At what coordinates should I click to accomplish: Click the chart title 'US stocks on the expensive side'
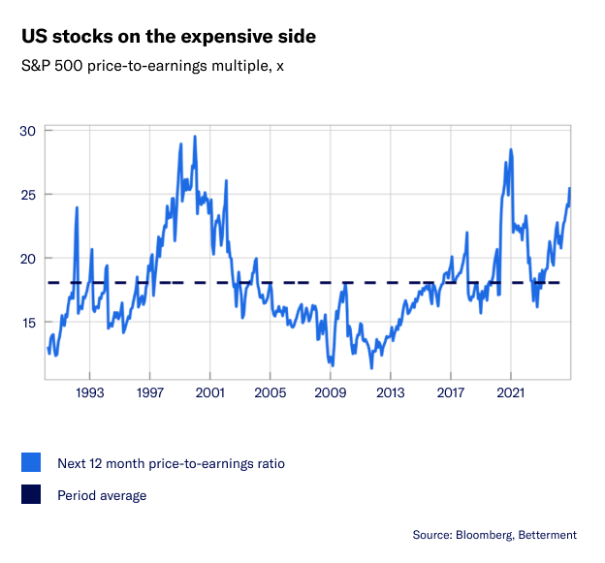click(x=168, y=37)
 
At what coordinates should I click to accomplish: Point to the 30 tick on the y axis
click(x=27, y=131)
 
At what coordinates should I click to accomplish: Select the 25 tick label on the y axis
click(x=27, y=195)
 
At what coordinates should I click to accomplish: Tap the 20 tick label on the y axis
click(x=27, y=259)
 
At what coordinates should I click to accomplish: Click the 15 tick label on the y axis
click(x=27, y=323)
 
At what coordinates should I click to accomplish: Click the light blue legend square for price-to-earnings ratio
click(x=31, y=464)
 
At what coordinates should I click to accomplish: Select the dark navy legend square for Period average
click(x=31, y=495)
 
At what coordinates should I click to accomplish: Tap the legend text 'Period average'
click(x=102, y=495)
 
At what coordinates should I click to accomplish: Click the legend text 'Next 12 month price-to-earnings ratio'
click(x=171, y=464)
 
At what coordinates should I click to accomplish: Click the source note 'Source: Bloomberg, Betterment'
click(x=494, y=535)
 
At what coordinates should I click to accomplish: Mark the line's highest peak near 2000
click(x=195, y=137)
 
